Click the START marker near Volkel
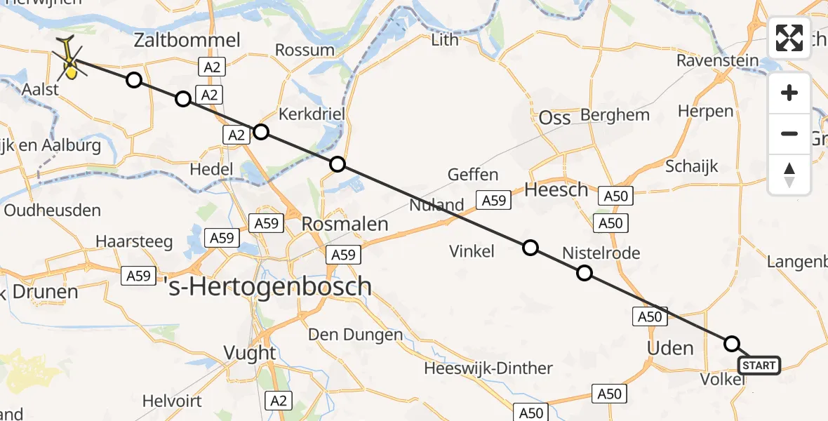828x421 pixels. tap(759, 366)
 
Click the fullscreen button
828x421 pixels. tap(789, 38)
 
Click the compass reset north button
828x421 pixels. tap(789, 175)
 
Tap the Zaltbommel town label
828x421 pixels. tap(187, 40)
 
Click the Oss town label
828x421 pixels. tap(554, 118)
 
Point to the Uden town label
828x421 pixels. tap(669, 348)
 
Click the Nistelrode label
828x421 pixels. tap(601, 253)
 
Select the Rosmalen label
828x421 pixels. tap(345, 224)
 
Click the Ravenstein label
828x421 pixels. tap(717, 61)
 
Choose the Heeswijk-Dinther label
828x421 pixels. tap(488, 368)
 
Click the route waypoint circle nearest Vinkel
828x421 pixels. tap(530, 247)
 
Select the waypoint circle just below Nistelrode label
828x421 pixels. tap(584, 274)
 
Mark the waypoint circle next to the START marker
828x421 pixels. tap(732, 343)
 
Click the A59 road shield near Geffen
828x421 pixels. tap(493, 201)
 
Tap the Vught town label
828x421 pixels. tap(251, 352)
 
